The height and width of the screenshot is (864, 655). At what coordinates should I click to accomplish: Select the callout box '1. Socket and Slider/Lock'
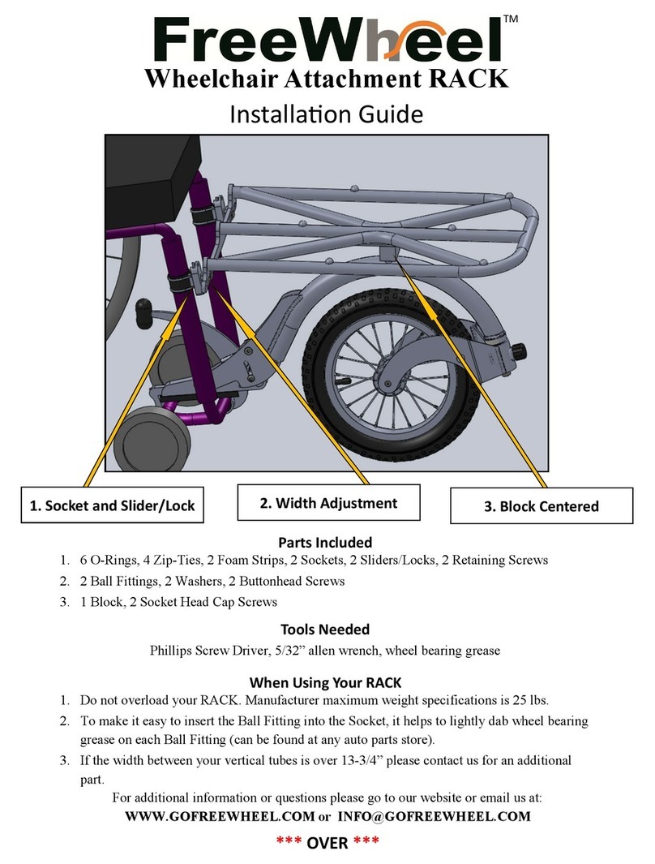[x=112, y=505]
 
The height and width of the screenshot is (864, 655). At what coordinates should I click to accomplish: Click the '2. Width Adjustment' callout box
[x=328, y=502]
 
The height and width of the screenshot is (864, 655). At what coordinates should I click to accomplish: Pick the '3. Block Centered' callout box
[x=541, y=506]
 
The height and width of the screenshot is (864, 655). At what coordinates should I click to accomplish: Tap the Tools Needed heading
[x=325, y=630]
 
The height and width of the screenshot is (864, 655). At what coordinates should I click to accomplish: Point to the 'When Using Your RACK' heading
[x=325, y=681]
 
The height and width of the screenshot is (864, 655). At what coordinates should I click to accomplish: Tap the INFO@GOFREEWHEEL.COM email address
[x=434, y=817]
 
